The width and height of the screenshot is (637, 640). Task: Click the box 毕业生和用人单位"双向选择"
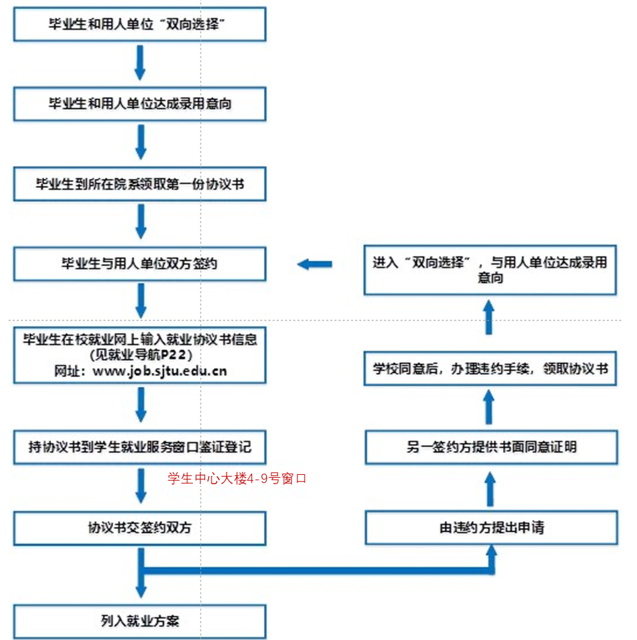pyautogui.click(x=140, y=25)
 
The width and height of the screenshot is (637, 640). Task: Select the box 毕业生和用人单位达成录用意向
pyautogui.click(x=140, y=104)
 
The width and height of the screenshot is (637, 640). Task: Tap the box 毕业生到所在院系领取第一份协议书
pyautogui.click(x=140, y=184)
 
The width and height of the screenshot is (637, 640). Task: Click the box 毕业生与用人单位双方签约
pyautogui.click(x=140, y=264)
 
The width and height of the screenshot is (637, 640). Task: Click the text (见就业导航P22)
pyautogui.click(x=140, y=355)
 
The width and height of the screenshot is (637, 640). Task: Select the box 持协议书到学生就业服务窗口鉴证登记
pyautogui.click(x=140, y=447)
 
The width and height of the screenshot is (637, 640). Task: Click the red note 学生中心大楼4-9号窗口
pyautogui.click(x=238, y=479)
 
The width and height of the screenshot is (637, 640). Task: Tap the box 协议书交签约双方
pyautogui.click(x=140, y=528)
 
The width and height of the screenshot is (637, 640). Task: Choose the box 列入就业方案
pyautogui.click(x=140, y=621)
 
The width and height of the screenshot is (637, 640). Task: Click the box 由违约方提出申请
pyautogui.click(x=492, y=528)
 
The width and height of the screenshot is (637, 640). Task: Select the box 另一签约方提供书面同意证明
pyautogui.click(x=492, y=447)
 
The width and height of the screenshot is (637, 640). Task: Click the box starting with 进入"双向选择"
pyautogui.click(x=490, y=270)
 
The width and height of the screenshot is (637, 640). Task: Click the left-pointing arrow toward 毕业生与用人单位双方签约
pyautogui.click(x=315, y=264)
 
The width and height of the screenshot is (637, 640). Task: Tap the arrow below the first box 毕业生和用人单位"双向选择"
pyautogui.click(x=140, y=64)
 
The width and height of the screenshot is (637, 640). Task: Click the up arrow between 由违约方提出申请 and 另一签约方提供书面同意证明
pyautogui.click(x=490, y=488)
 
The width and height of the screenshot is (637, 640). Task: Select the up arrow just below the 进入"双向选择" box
pyautogui.click(x=490, y=318)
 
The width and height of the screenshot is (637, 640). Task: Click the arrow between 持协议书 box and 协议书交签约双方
pyautogui.click(x=141, y=486)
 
